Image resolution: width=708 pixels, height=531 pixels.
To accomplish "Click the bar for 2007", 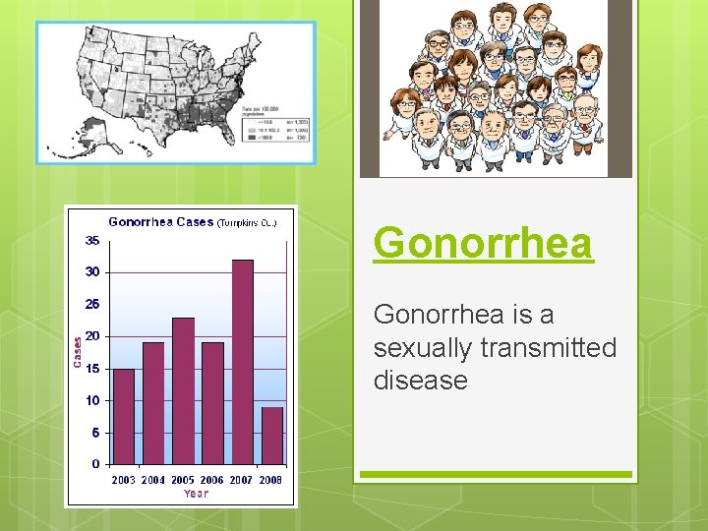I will coord(242,362).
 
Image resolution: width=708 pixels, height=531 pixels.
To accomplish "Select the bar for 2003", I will coord(124,416).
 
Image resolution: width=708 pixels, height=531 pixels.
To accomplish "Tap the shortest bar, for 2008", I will coord(272,435).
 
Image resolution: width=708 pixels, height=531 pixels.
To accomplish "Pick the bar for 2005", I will coord(183,390).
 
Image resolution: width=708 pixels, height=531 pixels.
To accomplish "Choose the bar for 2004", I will coord(153,403).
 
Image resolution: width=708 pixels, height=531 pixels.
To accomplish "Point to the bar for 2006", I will coord(212,403).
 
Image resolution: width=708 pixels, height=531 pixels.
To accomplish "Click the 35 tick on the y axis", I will coord(91,240).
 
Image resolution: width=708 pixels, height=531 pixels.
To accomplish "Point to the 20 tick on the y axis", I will coord(91,336).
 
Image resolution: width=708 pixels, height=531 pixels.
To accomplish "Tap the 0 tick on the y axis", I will coord(95,464).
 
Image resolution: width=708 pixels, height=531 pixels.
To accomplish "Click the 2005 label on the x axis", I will coord(182,480).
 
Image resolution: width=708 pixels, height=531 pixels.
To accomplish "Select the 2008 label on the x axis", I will coord(270,480).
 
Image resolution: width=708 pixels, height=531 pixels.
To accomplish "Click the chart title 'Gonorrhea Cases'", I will coord(160,221).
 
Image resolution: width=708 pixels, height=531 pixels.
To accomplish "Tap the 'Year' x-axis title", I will coord(196,494).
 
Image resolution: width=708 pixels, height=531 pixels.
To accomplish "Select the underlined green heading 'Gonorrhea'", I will coord(483,243).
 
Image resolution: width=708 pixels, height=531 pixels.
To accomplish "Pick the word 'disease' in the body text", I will coord(420,380).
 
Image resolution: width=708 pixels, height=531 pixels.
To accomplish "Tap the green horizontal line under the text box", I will coord(495,474).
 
